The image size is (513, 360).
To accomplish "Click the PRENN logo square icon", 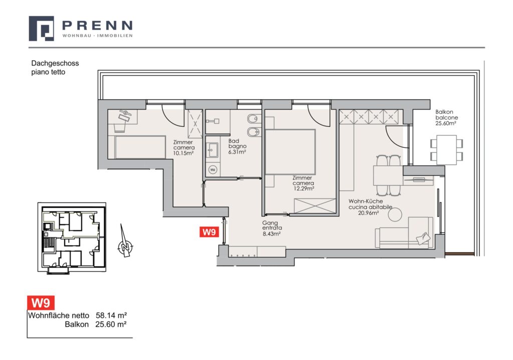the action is [41, 29].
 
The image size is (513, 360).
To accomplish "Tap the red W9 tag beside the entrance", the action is [209, 232].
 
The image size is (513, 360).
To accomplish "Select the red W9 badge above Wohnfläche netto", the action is [41, 303].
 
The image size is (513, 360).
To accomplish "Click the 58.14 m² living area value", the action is [111, 315].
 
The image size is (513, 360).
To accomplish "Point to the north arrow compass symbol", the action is [124, 241].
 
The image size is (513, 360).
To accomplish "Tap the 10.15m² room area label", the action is [183, 153].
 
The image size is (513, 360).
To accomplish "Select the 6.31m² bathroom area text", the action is [237, 152].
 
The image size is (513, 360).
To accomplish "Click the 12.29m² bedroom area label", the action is [304, 189].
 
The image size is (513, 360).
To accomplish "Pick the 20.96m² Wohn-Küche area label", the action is [368, 213].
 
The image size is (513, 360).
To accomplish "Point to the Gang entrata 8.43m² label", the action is [272, 228].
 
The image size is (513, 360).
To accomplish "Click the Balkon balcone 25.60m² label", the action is [446, 118].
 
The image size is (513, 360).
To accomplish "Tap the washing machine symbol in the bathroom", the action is [212, 170].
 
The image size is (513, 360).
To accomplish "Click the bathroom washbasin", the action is [212, 150].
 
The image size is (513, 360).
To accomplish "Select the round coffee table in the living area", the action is [395, 215].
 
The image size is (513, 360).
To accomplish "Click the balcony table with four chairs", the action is [446, 150].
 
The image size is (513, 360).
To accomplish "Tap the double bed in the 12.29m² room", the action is [290, 152].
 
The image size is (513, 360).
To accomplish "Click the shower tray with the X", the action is [195, 124].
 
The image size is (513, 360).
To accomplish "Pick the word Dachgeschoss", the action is [55, 64].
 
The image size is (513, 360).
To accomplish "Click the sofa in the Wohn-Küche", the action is [404, 232].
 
